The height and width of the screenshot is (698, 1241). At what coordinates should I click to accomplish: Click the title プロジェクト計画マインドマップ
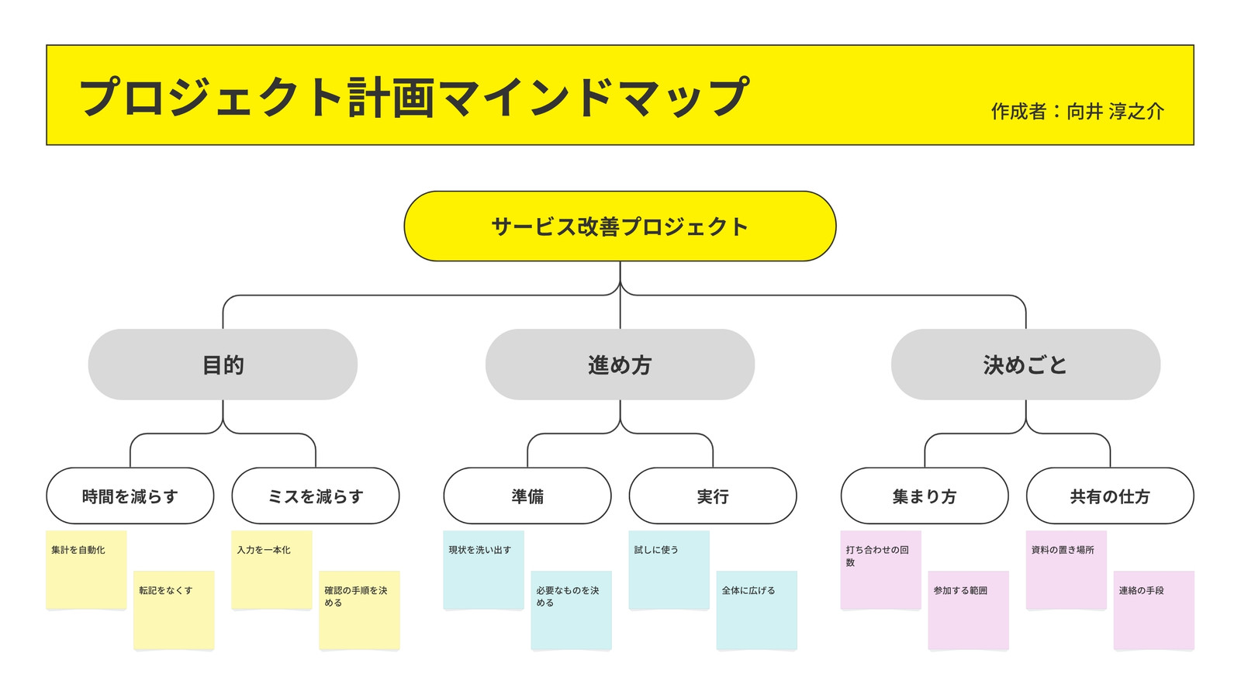[x=414, y=98]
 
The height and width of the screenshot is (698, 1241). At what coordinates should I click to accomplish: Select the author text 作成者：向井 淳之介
[x=1077, y=112]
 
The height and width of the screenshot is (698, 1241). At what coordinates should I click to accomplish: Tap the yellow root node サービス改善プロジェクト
[x=620, y=226]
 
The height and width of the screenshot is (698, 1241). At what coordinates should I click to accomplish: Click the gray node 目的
[x=223, y=365]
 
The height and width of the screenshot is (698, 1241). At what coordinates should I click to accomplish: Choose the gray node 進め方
[x=620, y=365]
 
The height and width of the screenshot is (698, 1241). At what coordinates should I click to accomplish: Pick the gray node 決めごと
[x=1025, y=365]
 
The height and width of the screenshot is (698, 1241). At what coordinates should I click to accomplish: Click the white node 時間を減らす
[x=130, y=496]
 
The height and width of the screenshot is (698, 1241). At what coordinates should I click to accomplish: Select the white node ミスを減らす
[x=315, y=496]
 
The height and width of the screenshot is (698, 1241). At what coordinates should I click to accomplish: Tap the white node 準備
[x=527, y=496]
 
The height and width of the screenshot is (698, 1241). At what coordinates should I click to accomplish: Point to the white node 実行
[x=713, y=496]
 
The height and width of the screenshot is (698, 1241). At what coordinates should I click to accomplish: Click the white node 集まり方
[x=925, y=496]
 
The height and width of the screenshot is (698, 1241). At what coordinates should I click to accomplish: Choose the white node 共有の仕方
[x=1110, y=496]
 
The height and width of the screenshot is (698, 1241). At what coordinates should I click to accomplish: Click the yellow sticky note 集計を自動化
[x=86, y=570]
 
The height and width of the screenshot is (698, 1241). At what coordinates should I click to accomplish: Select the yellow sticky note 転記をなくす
[x=174, y=610]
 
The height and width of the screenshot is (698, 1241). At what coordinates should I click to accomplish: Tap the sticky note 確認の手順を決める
[x=360, y=610]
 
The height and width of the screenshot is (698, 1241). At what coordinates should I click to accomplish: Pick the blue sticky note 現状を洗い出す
[x=484, y=570]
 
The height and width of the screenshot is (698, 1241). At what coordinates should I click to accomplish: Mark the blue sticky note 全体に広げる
[x=757, y=610]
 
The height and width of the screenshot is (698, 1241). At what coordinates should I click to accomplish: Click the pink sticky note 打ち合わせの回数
[x=881, y=570]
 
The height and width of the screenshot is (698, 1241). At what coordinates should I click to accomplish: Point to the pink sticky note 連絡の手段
[x=1154, y=610]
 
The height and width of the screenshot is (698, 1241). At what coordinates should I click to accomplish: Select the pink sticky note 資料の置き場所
[x=1066, y=570]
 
